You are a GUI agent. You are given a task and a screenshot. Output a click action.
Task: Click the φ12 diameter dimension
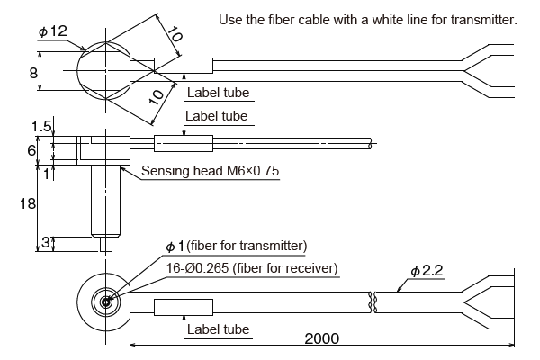click(x=52, y=32)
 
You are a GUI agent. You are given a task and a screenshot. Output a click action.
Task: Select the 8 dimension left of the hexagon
click(x=33, y=73)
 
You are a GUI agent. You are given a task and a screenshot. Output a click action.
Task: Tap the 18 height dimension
click(x=27, y=204)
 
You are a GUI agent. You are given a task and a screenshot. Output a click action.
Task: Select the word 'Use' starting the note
click(x=229, y=20)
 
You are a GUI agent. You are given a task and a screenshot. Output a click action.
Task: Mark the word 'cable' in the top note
click(x=309, y=20)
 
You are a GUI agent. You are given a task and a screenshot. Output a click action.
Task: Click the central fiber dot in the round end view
click(x=106, y=301)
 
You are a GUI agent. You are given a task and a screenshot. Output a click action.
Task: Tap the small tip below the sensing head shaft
click(x=106, y=242)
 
